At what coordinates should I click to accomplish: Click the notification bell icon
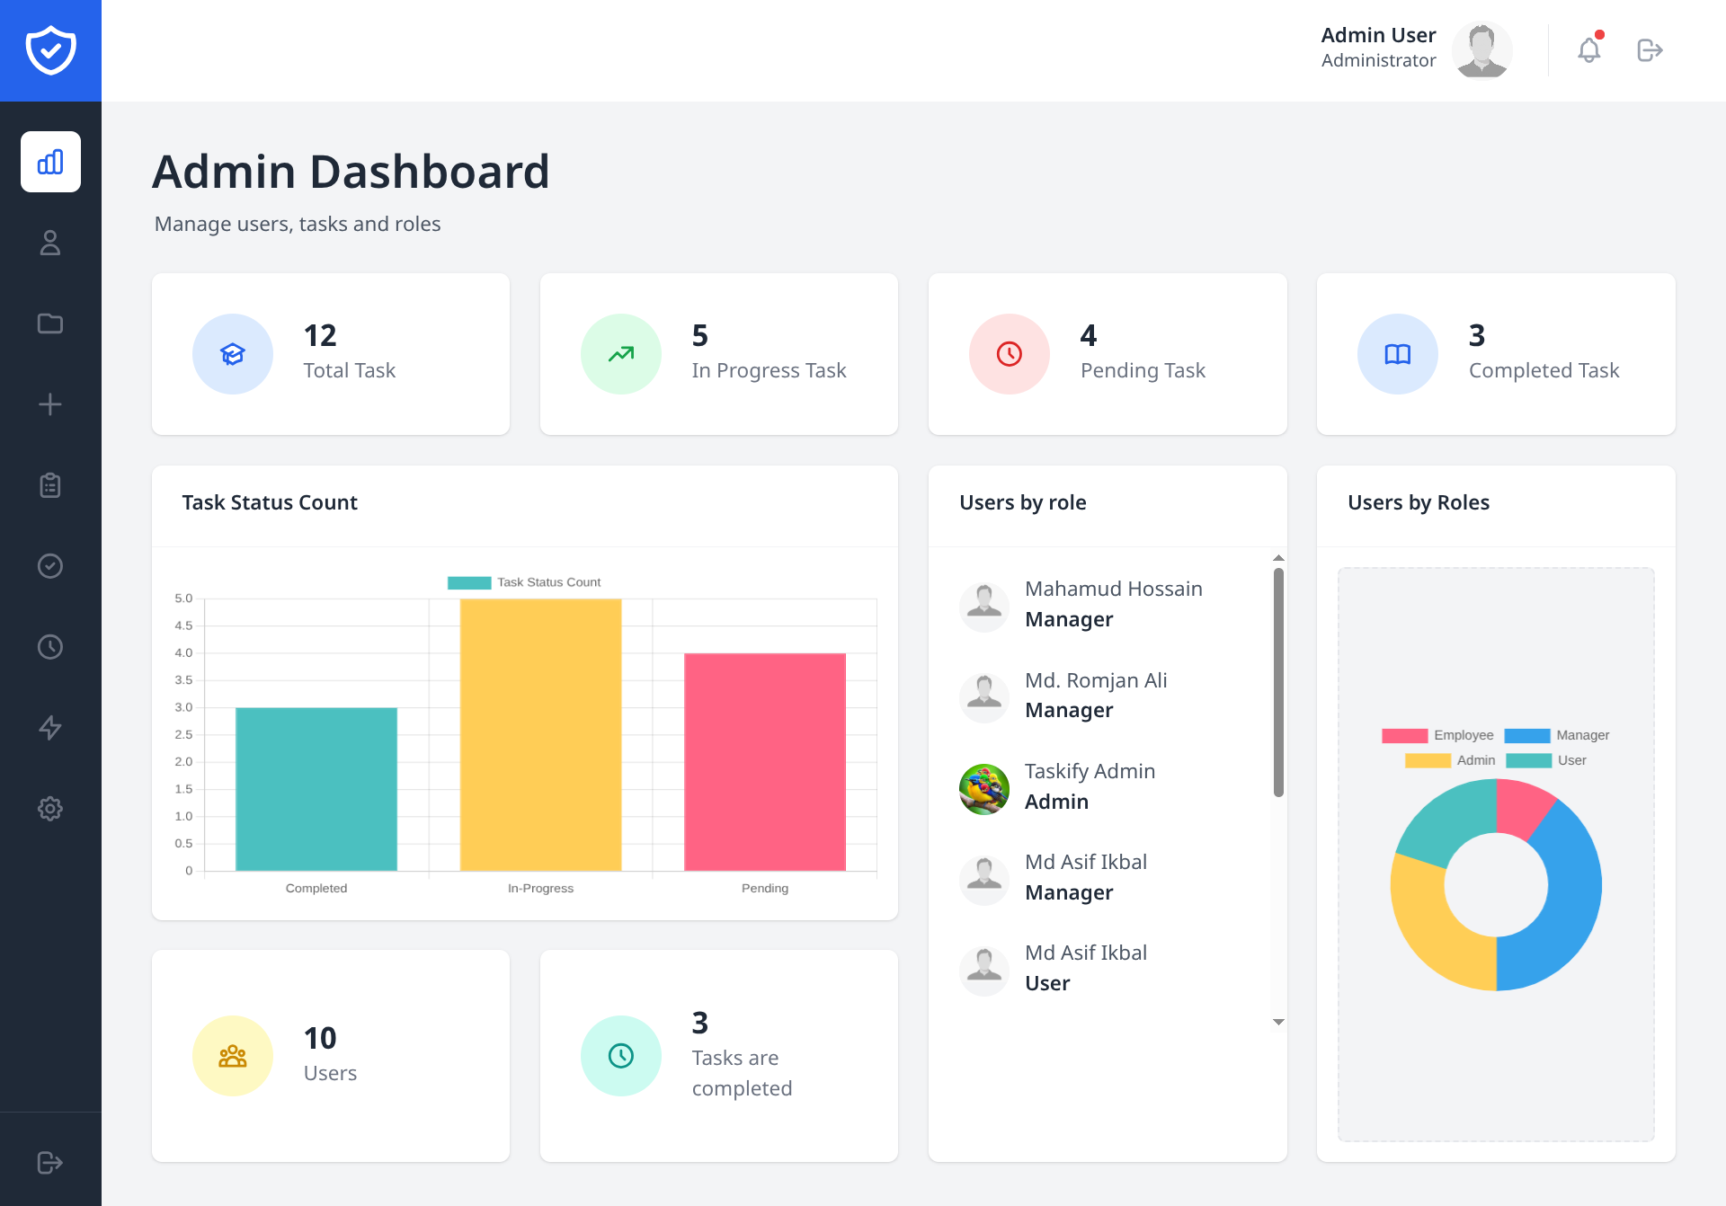(1588, 50)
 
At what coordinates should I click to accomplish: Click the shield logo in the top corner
(50, 50)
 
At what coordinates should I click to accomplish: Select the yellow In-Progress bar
(540, 735)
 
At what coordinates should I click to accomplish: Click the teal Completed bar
(316, 789)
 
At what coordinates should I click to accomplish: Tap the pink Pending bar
(764, 762)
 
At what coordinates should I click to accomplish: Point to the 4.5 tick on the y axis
(183, 625)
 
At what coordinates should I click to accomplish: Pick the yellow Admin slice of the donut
(1434, 926)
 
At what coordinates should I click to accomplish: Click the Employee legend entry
(1438, 735)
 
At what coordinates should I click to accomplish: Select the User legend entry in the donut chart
(1546, 760)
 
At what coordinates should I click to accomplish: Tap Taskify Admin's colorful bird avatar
(983, 789)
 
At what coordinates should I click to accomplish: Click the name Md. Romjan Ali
(1096, 680)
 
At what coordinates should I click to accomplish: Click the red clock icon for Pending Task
(1009, 354)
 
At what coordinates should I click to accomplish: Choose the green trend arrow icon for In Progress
(620, 354)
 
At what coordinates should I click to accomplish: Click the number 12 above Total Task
(320, 335)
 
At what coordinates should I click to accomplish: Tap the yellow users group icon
(232, 1056)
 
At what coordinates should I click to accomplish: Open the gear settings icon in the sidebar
(50, 809)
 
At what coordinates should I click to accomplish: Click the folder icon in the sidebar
(50, 324)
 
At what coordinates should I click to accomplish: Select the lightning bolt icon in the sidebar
(50, 728)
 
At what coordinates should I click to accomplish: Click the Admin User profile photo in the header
(1481, 50)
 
